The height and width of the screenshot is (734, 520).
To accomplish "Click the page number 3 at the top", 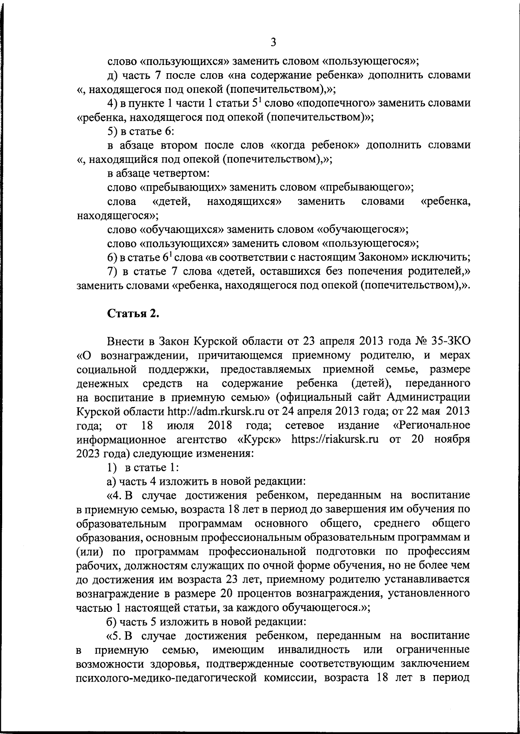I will [x=273, y=42].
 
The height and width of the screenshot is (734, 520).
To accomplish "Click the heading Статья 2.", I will [x=133, y=314].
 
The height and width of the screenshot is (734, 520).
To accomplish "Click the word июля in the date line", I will [x=181, y=425].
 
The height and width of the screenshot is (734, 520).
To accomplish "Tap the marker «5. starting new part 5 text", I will [x=114, y=636].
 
